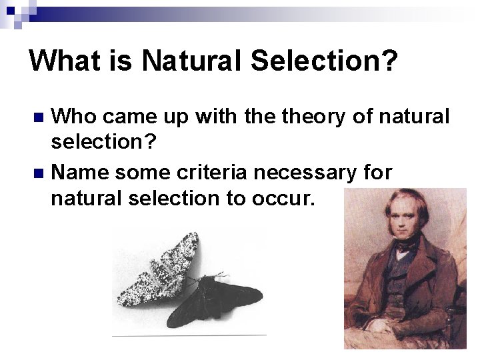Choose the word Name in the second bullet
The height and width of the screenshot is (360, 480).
(x=79, y=172)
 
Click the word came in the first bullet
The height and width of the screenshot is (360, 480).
(x=131, y=117)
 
